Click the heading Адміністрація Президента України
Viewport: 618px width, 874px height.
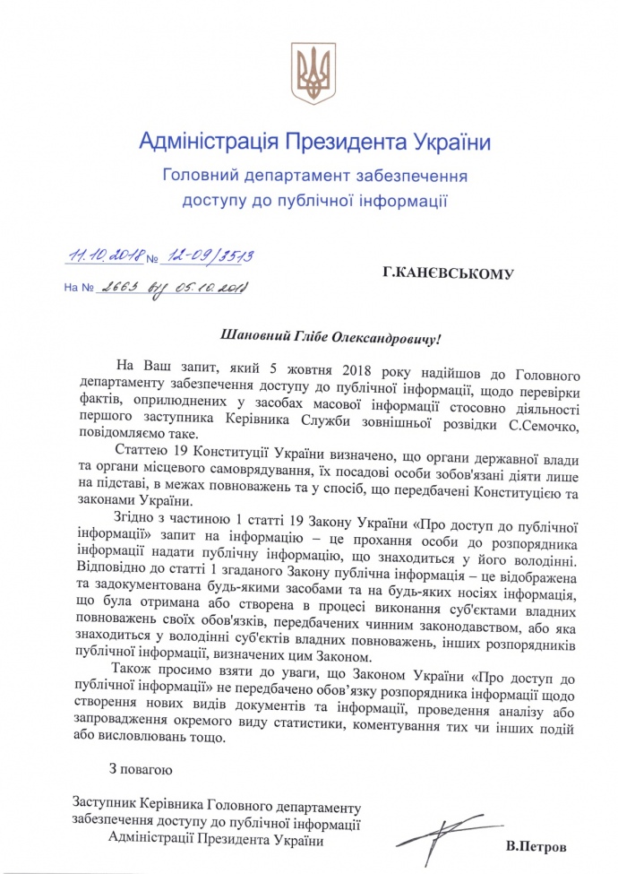tap(315, 142)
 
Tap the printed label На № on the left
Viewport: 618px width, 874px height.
tap(78, 290)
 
